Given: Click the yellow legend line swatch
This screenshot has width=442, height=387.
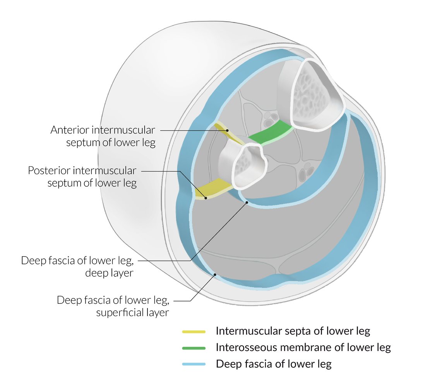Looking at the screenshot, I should coord(194,332).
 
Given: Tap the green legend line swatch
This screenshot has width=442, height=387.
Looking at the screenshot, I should coord(194,348).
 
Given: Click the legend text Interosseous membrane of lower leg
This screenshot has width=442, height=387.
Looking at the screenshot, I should coord(303,348).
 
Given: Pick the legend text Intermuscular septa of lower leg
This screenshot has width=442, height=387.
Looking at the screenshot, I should coord(293,331).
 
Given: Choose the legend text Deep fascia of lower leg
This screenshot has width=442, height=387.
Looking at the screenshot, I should coord(274,364).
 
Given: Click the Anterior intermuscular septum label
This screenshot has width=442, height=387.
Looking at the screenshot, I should coord(103,136).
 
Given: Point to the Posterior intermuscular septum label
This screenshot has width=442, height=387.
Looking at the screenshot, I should coord(82,176).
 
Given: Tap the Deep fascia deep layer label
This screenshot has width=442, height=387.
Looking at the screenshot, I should coord(77,267).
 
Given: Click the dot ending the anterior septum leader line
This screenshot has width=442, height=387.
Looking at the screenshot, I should coord(228,130).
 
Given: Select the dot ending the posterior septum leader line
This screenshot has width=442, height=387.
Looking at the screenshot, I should coord(206,198).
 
